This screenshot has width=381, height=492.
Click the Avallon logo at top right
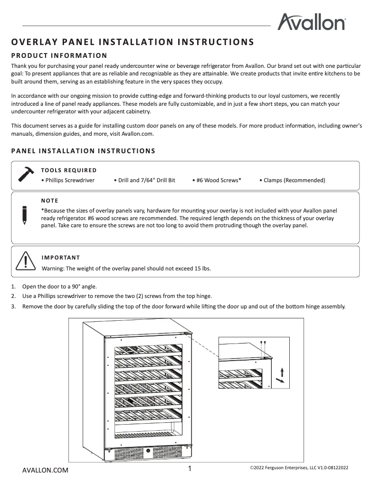(311, 22)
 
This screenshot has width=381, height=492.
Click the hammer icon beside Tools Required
(26, 174)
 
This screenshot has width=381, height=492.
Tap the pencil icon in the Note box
(24, 214)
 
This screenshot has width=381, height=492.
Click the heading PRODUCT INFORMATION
(59, 56)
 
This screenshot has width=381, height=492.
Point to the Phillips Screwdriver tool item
(68, 180)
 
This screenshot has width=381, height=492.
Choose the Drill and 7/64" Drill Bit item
(144, 180)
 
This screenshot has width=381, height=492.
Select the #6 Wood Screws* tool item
(217, 180)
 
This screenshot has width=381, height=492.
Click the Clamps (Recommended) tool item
(292, 180)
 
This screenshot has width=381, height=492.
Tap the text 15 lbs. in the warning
(203, 268)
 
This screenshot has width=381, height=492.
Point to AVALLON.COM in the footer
(45, 470)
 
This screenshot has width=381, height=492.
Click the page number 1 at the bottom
(190, 469)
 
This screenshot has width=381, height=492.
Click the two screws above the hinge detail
(263, 343)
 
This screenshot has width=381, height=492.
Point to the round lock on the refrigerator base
(149, 451)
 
